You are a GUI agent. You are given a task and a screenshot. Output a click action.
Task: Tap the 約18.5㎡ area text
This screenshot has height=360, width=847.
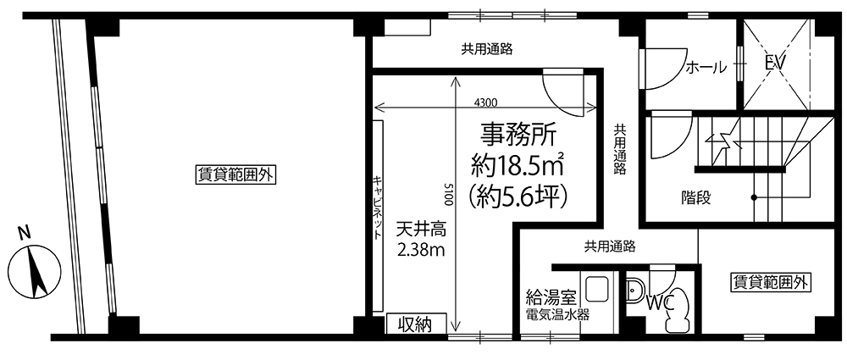click(x=518, y=165)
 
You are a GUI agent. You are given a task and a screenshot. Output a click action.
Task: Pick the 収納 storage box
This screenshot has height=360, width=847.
click(x=417, y=324)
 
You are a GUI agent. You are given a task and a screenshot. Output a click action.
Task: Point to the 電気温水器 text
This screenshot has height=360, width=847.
click(x=557, y=315)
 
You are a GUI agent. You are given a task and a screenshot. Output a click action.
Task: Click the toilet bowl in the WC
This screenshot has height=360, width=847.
click(x=677, y=311)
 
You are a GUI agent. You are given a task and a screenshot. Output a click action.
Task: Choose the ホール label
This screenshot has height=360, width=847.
click(x=706, y=68)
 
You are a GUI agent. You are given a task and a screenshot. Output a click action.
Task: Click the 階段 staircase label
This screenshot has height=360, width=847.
click(x=695, y=198)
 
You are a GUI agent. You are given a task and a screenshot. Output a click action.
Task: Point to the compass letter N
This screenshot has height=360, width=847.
click(x=23, y=234)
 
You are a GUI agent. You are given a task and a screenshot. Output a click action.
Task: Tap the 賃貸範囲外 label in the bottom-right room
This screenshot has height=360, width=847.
click(x=771, y=282)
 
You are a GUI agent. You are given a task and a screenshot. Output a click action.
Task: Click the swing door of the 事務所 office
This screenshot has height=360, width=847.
click(x=563, y=91)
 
